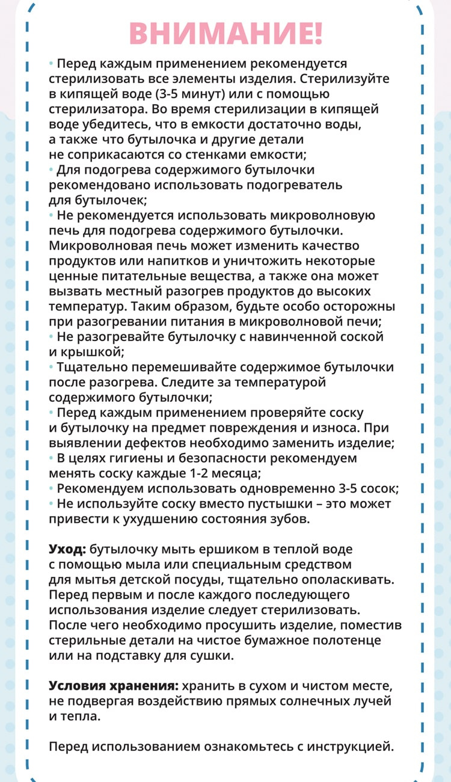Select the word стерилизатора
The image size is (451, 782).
91,109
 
